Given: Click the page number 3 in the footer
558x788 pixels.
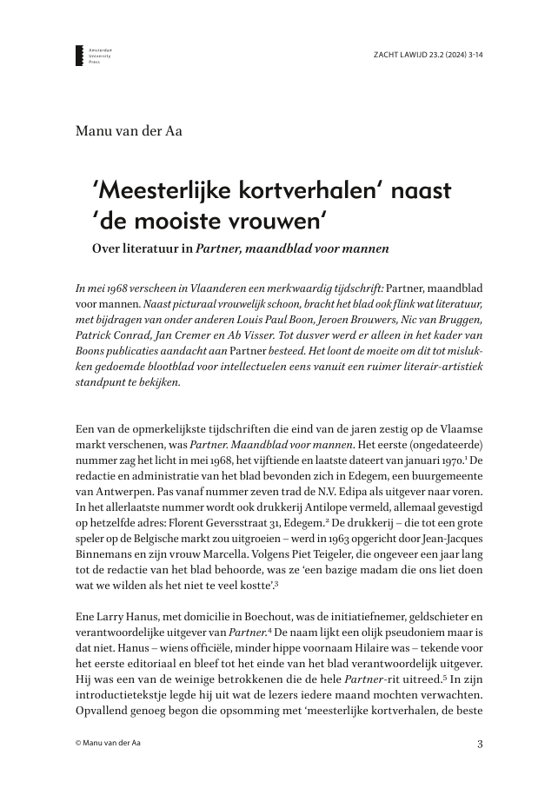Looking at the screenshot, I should [480, 743].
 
